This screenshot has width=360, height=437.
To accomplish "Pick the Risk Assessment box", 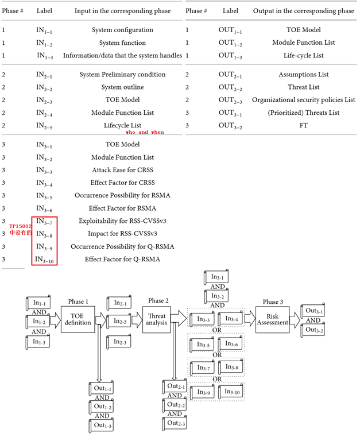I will pos(273,319).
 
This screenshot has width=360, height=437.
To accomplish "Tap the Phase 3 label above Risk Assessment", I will pos(273,302).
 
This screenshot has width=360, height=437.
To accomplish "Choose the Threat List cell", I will pos(303,87).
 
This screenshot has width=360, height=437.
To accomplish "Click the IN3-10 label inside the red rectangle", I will pos(45,259).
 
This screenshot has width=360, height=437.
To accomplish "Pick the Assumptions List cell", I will pos(304,75).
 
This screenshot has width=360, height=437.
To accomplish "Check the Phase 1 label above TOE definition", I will pos(79,301).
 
